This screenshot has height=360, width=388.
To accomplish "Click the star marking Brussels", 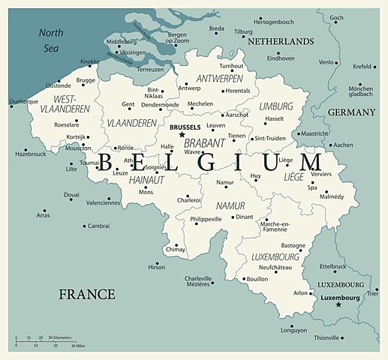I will point(182,135).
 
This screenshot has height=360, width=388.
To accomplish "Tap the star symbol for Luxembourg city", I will point(338,304).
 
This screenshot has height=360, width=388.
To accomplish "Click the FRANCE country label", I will point(87,294).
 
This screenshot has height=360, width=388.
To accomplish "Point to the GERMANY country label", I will point(351,112).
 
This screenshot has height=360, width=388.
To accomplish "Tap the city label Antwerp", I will point(189,88).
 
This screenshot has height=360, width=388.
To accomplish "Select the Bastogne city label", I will point(293,245).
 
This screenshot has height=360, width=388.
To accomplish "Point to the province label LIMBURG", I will point(276,106).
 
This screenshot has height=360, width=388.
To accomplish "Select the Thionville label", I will point(326,337).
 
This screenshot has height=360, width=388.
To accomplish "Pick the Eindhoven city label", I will point(281,58).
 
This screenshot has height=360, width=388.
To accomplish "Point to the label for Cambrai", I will point(98,226).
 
